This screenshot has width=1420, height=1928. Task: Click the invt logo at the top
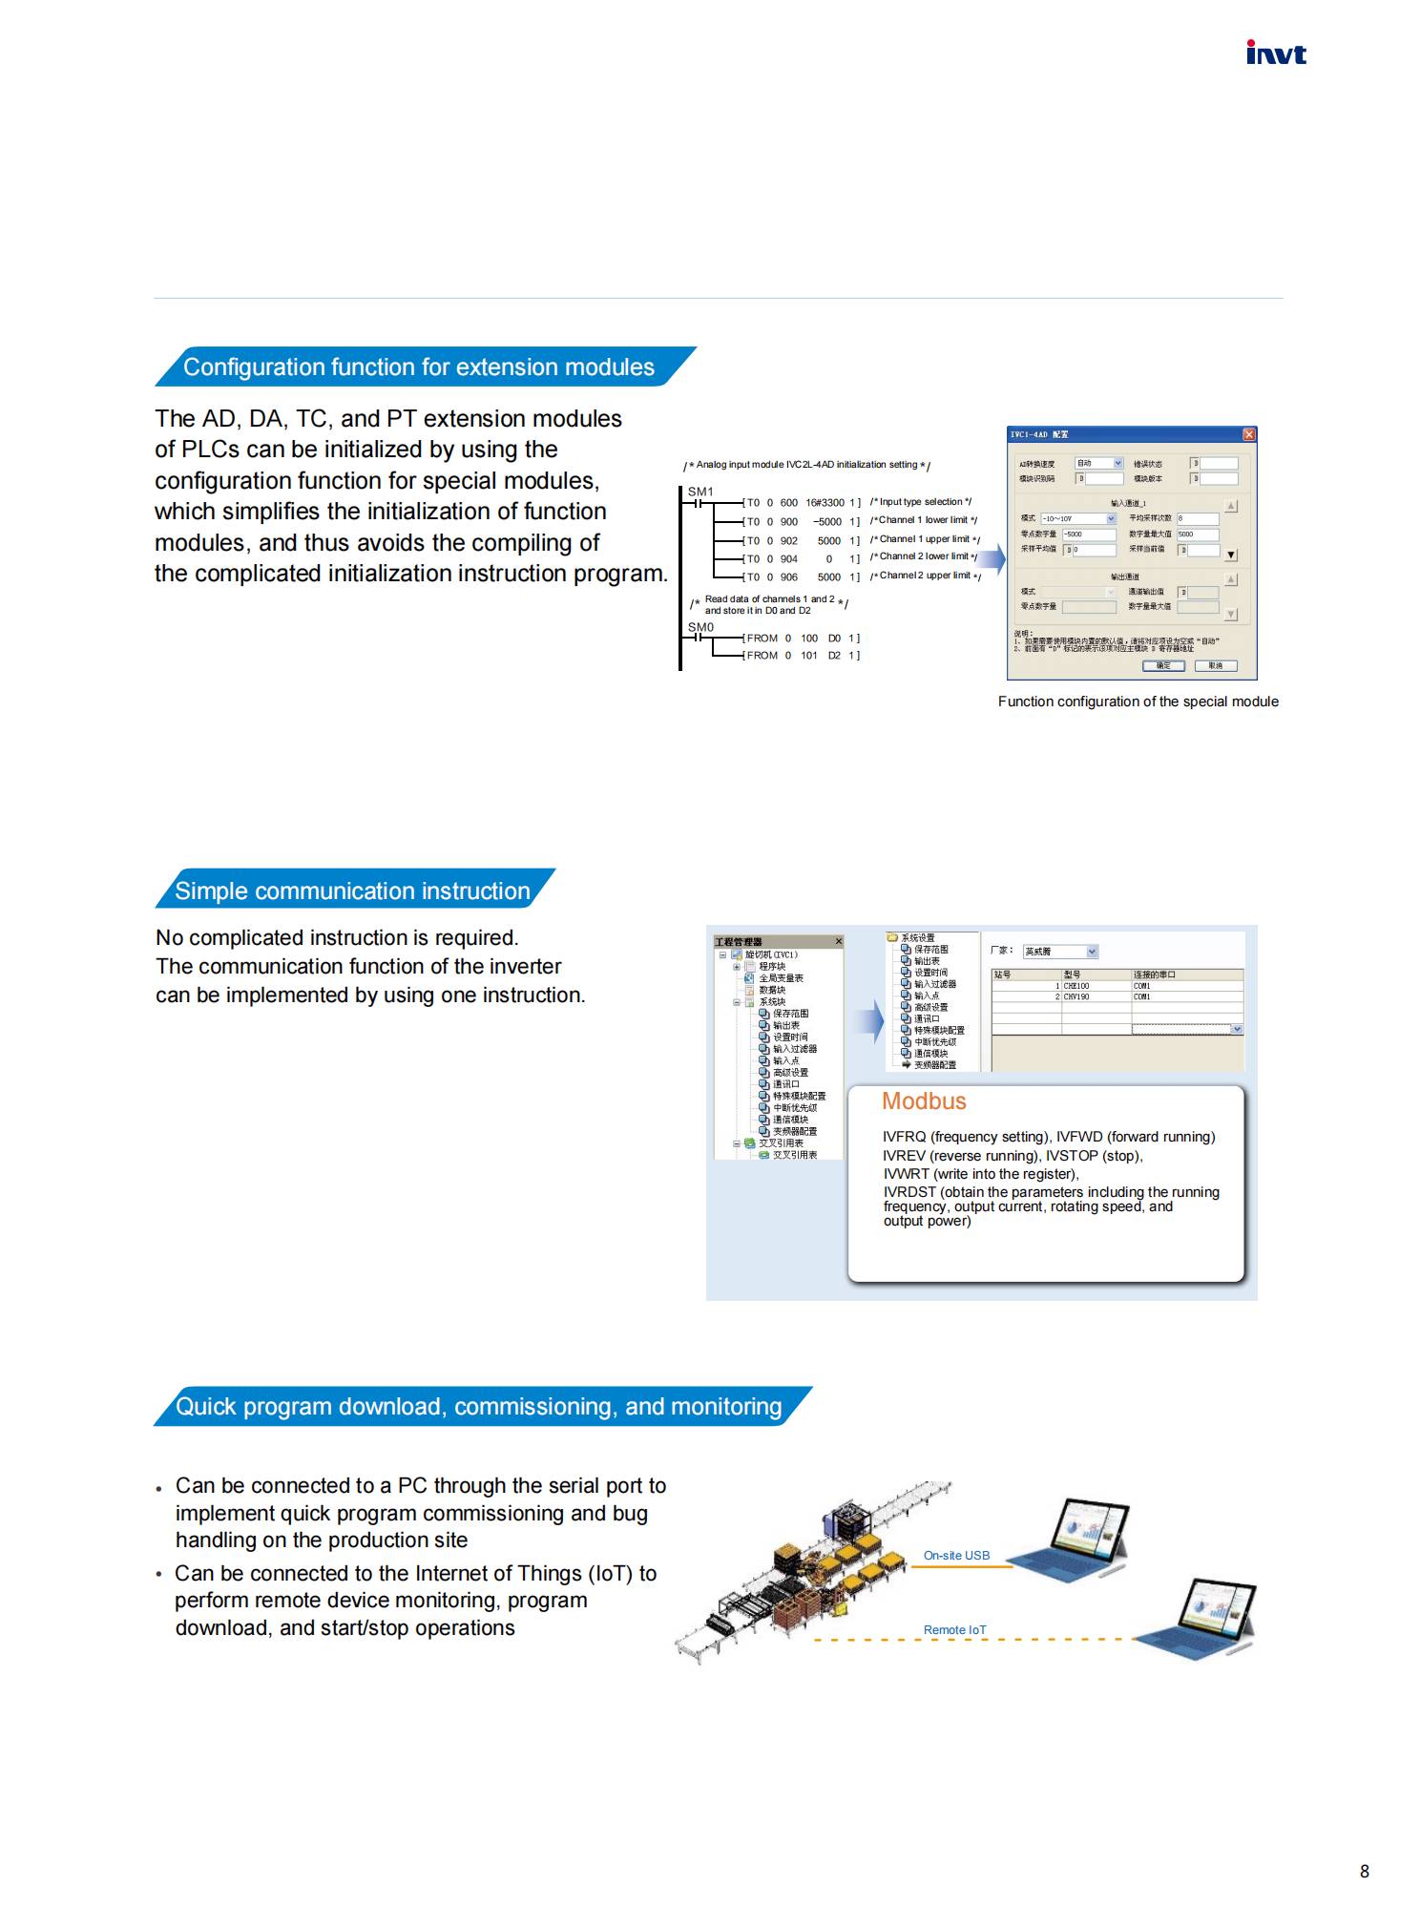pos(1275,53)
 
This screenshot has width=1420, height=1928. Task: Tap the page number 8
pos(1364,1871)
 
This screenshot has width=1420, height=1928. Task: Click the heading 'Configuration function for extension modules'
pos(418,367)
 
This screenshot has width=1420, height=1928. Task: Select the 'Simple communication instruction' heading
pos(352,891)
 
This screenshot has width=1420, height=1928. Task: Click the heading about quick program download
pos(478,1406)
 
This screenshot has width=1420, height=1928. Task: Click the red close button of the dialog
pos(1248,434)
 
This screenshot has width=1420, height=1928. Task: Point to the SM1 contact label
pos(700,492)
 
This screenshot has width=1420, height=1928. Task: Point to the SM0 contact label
pos(700,627)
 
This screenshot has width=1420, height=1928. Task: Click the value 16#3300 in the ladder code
pos(825,502)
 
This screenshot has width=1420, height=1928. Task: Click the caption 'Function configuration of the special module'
pos(1138,702)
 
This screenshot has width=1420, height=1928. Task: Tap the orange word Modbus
pos(924,1101)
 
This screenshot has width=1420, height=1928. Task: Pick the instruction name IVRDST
pos(909,1192)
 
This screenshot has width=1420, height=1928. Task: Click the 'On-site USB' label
pos(956,1555)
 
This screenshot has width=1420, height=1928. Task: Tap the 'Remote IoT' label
pos(954,1629)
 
